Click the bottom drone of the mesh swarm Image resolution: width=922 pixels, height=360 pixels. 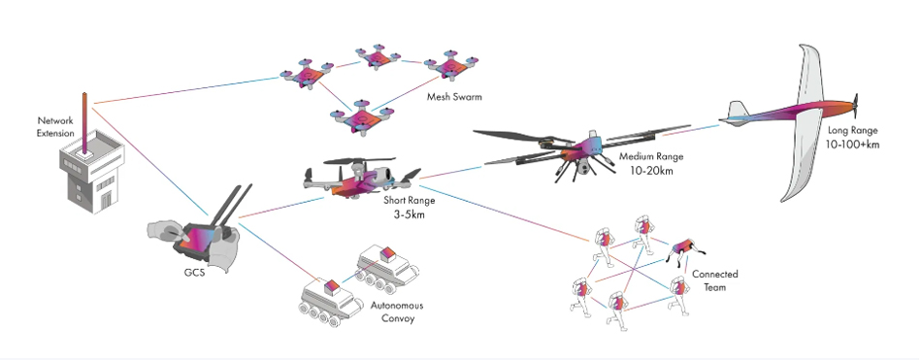click(x=360, y=115)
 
